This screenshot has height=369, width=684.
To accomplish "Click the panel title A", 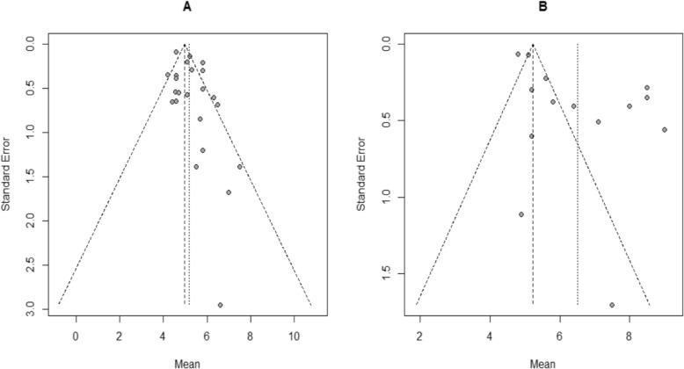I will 185,9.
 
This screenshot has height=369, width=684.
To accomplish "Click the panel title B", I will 532,9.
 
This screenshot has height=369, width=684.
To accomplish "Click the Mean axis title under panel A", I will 185,360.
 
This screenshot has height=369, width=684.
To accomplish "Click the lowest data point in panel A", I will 220,305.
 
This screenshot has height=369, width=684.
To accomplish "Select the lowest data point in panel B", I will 612,305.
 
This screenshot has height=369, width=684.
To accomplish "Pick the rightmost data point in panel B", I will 665,130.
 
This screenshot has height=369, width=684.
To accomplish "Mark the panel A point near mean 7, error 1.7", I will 229,192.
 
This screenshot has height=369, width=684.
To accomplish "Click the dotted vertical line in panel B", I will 577,176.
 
